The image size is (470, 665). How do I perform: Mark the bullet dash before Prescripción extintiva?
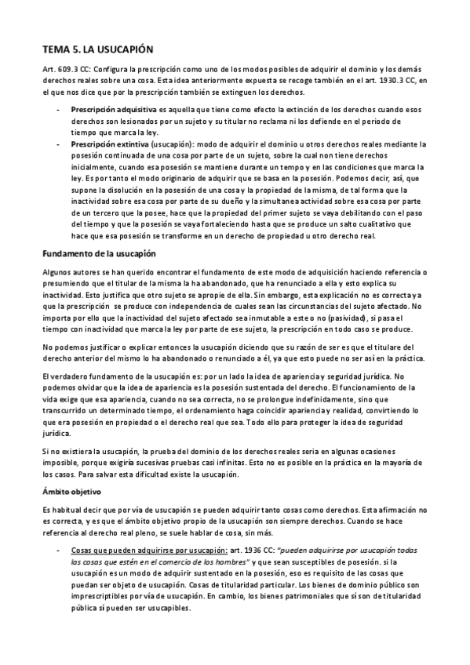point(59,144)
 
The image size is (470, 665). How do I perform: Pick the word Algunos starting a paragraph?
point(56,271)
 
